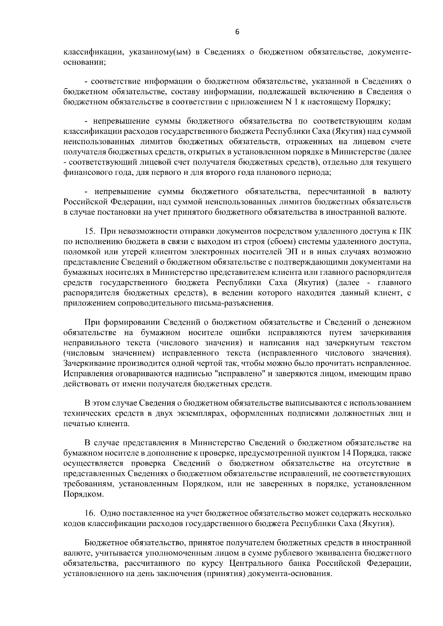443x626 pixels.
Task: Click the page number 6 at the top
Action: point(237,32)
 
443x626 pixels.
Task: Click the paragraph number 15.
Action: point(90,232)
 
